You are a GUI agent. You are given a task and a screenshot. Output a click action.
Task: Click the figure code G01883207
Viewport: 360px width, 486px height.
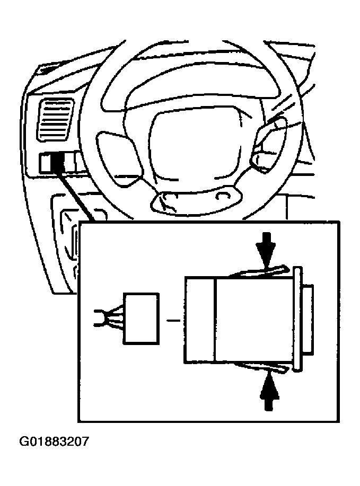[54, 441]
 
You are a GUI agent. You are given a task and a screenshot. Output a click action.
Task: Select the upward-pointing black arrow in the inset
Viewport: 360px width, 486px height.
[269, 391]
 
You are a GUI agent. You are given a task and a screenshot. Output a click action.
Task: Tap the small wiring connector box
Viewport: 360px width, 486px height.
[141, 317]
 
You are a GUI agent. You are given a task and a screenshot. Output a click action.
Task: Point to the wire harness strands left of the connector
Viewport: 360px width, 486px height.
[109, 317]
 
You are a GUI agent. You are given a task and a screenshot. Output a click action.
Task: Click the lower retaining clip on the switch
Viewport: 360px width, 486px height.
[260, 367]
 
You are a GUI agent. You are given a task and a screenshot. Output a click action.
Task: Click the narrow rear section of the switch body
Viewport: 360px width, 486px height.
[199, 321]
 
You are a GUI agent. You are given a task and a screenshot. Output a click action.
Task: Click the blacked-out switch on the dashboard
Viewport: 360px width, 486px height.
[57, 163]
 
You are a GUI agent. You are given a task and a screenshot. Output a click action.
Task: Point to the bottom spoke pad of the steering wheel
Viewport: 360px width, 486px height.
[194, 200]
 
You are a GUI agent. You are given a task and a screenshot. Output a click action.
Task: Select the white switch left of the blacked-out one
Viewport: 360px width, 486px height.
[45, 163]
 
